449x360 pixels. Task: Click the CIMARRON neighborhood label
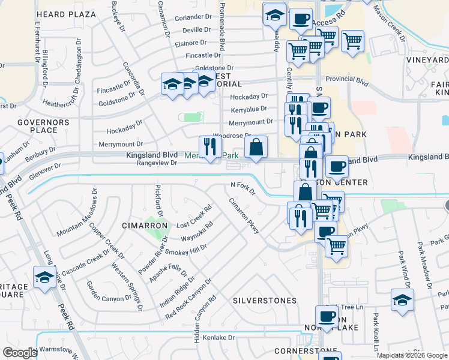point(144,226)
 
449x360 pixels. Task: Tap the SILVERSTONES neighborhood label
point(265,300)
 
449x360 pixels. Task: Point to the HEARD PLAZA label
point(66,14)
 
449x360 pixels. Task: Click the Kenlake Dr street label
point(218,338)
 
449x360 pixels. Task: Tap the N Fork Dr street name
point(244,188)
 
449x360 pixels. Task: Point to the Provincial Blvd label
point(346,79)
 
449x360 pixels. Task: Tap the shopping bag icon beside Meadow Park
point(256,148)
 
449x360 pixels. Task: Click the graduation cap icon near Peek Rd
point(44,278)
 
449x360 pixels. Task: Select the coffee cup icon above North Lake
point(327,316)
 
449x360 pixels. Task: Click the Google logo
point(20,353)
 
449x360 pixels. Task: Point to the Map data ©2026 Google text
point(411,355)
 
